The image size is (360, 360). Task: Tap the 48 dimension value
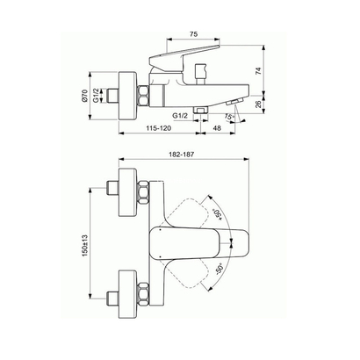click(x=216, y=129)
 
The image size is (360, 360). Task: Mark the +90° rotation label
click(x=218, y=214)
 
